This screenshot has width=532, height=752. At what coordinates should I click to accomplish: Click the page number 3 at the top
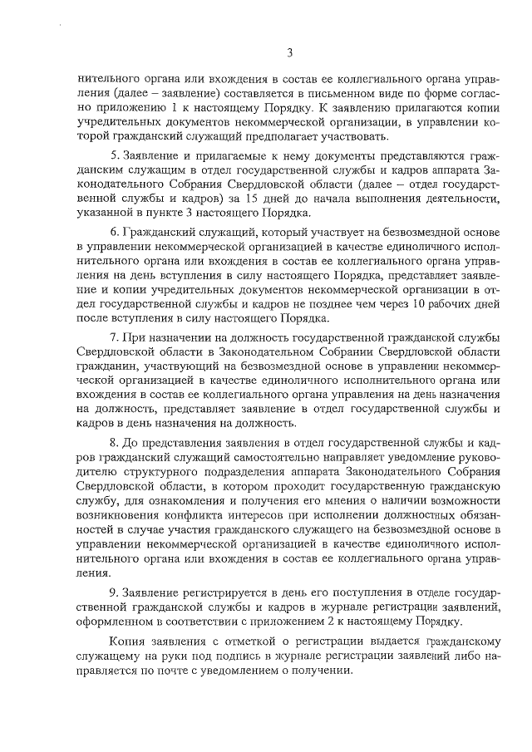point(290,54)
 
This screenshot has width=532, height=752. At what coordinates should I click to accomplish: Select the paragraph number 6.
point(113,231)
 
